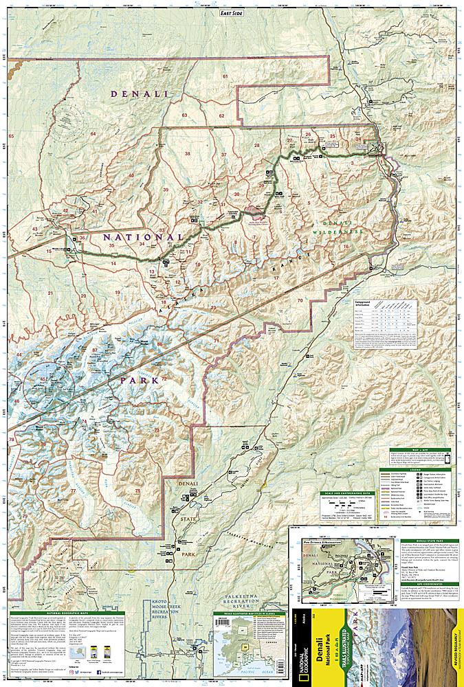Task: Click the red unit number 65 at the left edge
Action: [11, 136]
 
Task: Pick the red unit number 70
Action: [300, 301]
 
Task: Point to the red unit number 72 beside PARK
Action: [164, 379]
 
